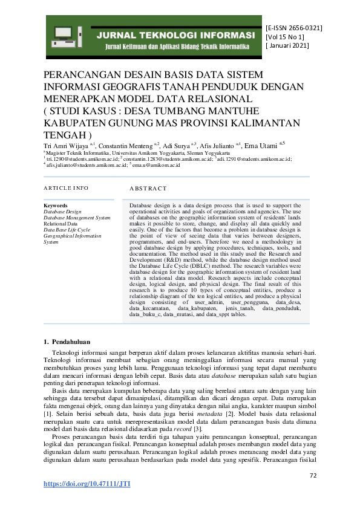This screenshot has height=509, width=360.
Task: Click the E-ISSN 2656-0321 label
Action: click(x=294, y=28)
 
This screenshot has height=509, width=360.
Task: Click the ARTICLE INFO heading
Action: click(x=66, y=189)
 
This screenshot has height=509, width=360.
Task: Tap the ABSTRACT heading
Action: click(x=148, y=189)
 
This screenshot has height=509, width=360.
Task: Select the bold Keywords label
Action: click(x=56, y=206)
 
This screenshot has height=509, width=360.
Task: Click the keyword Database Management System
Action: click(x=77, y=218)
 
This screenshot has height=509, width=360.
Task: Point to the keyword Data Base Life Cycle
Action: click(x=67, y=230)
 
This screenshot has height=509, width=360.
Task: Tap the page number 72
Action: click(x=313, y=476)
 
